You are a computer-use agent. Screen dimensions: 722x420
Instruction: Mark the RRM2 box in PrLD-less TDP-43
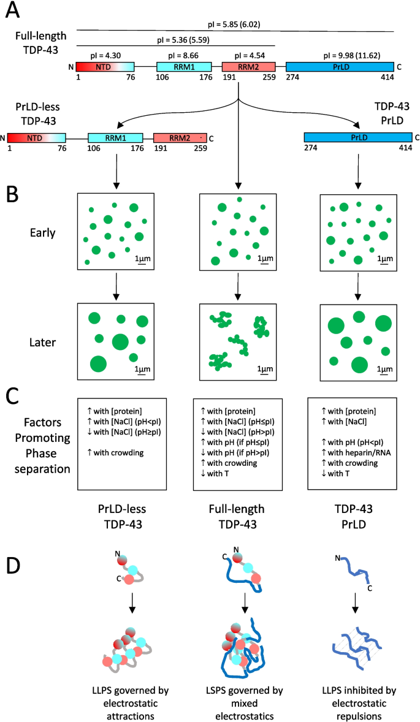click(180, 139)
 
